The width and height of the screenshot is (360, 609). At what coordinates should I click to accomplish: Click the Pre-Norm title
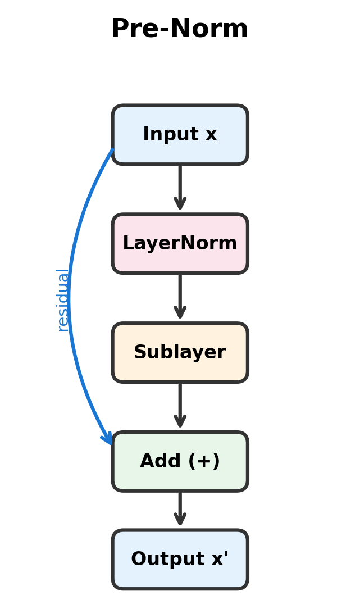[x=180, y=29]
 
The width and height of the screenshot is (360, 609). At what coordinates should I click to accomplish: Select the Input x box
[x=180, y=135]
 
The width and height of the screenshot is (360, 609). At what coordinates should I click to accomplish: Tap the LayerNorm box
[x=180, y=244]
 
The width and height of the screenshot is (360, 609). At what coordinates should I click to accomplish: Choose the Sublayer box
[x=180, y=353]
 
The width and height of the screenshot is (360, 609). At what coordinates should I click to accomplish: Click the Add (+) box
[x=180, y=462]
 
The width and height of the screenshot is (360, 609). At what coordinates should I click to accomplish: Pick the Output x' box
[x=180, y=560]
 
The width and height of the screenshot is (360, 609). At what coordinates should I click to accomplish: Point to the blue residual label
[x=62, y=300]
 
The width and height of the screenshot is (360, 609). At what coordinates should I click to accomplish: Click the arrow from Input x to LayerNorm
[x=180, y=185]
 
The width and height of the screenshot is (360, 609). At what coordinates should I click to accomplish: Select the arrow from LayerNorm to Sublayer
[x=180, y=294]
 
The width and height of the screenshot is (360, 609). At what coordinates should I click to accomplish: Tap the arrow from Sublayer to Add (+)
[x=180, y=403]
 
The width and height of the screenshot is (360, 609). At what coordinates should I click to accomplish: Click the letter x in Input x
[x=211, y=135]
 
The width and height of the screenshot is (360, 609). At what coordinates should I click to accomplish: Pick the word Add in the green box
[x=157, y=462]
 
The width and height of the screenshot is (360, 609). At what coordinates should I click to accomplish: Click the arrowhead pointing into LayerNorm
[x=180, y=204]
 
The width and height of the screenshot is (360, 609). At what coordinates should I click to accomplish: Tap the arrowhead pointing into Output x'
[x=180, y=520]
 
